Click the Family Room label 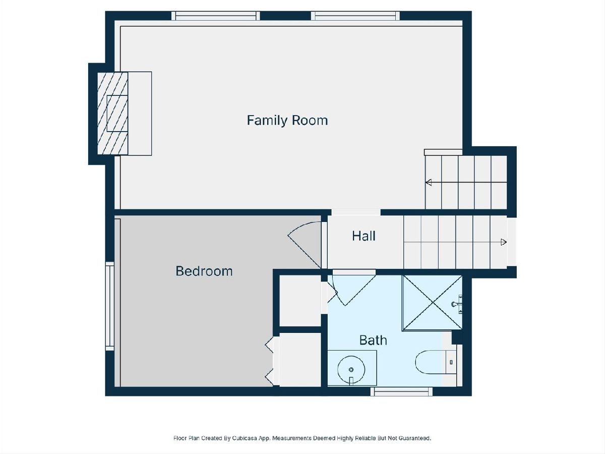(287, 121)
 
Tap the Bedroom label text (204, 271)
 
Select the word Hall (364, 236)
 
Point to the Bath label (373, 340)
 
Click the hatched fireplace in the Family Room (113, 113)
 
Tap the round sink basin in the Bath (351, 369)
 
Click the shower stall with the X (432, 303)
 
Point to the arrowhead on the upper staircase (429, 183)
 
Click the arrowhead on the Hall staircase (504, 242)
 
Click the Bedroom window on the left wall (110, 306)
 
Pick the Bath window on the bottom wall (401, 391)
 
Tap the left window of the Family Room (216, 16)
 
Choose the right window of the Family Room (355, 16)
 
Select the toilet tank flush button (451, 362)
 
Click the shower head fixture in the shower (457, 304)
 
